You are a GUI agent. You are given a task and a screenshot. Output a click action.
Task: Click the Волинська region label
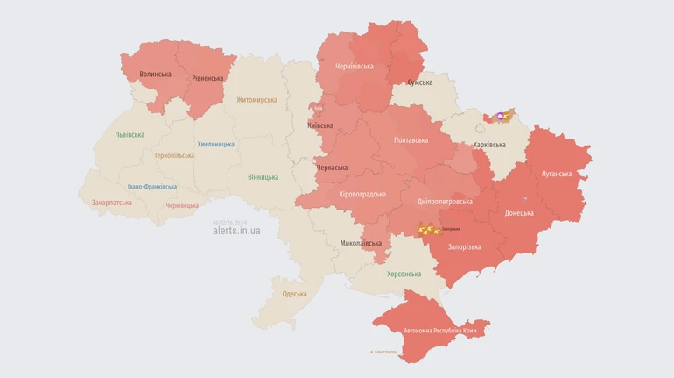155,75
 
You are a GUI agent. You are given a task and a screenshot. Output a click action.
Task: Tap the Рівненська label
207,78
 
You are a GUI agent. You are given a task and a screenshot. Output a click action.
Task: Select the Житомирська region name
256,100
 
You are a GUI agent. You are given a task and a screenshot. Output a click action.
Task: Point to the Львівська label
130,135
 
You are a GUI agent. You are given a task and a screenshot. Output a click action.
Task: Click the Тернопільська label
174,155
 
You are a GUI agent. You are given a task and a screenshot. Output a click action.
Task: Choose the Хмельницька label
215,144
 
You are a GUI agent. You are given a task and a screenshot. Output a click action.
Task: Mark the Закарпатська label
111,203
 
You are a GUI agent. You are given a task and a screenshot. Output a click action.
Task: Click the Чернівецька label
182,206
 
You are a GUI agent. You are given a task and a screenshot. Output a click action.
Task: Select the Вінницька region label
263,177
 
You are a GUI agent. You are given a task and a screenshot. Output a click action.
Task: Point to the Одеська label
294,294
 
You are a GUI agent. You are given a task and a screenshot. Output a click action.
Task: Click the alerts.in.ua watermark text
236,231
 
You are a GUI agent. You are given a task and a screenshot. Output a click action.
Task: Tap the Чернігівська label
355,67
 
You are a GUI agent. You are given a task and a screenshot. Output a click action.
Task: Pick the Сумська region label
420,82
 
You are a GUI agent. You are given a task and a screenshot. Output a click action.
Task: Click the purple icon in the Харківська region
501,116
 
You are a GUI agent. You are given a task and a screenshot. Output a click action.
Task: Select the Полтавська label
411,140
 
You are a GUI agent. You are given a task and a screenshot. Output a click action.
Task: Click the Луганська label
556,174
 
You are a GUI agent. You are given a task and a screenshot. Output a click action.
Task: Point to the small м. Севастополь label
383,353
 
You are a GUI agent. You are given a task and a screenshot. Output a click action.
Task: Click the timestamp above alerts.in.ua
229,222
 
